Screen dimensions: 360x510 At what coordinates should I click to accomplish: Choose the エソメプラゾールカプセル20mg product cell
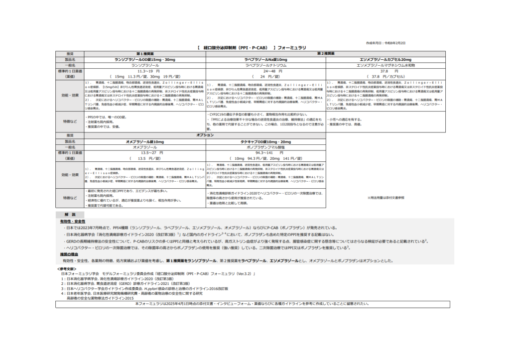tap(385, 59)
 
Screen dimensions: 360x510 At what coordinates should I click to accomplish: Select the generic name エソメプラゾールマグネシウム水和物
tap(385, 65)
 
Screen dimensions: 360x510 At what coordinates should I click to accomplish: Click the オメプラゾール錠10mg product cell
tap(145, 141)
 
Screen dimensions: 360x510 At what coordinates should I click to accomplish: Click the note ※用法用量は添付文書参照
tap(385, 198)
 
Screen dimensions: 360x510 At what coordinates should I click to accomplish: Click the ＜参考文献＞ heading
tap(68, 268)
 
